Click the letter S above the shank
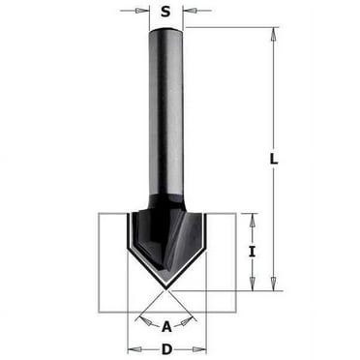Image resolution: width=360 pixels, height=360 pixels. (x=165, y=12)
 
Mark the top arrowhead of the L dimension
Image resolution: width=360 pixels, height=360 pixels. (x=274, y=32)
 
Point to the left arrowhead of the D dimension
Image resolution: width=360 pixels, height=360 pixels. (x=132, y=348)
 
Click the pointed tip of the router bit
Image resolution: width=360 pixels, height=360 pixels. (x=166, y=288)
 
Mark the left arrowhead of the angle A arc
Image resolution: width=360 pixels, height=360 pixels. (x=141, y=315)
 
